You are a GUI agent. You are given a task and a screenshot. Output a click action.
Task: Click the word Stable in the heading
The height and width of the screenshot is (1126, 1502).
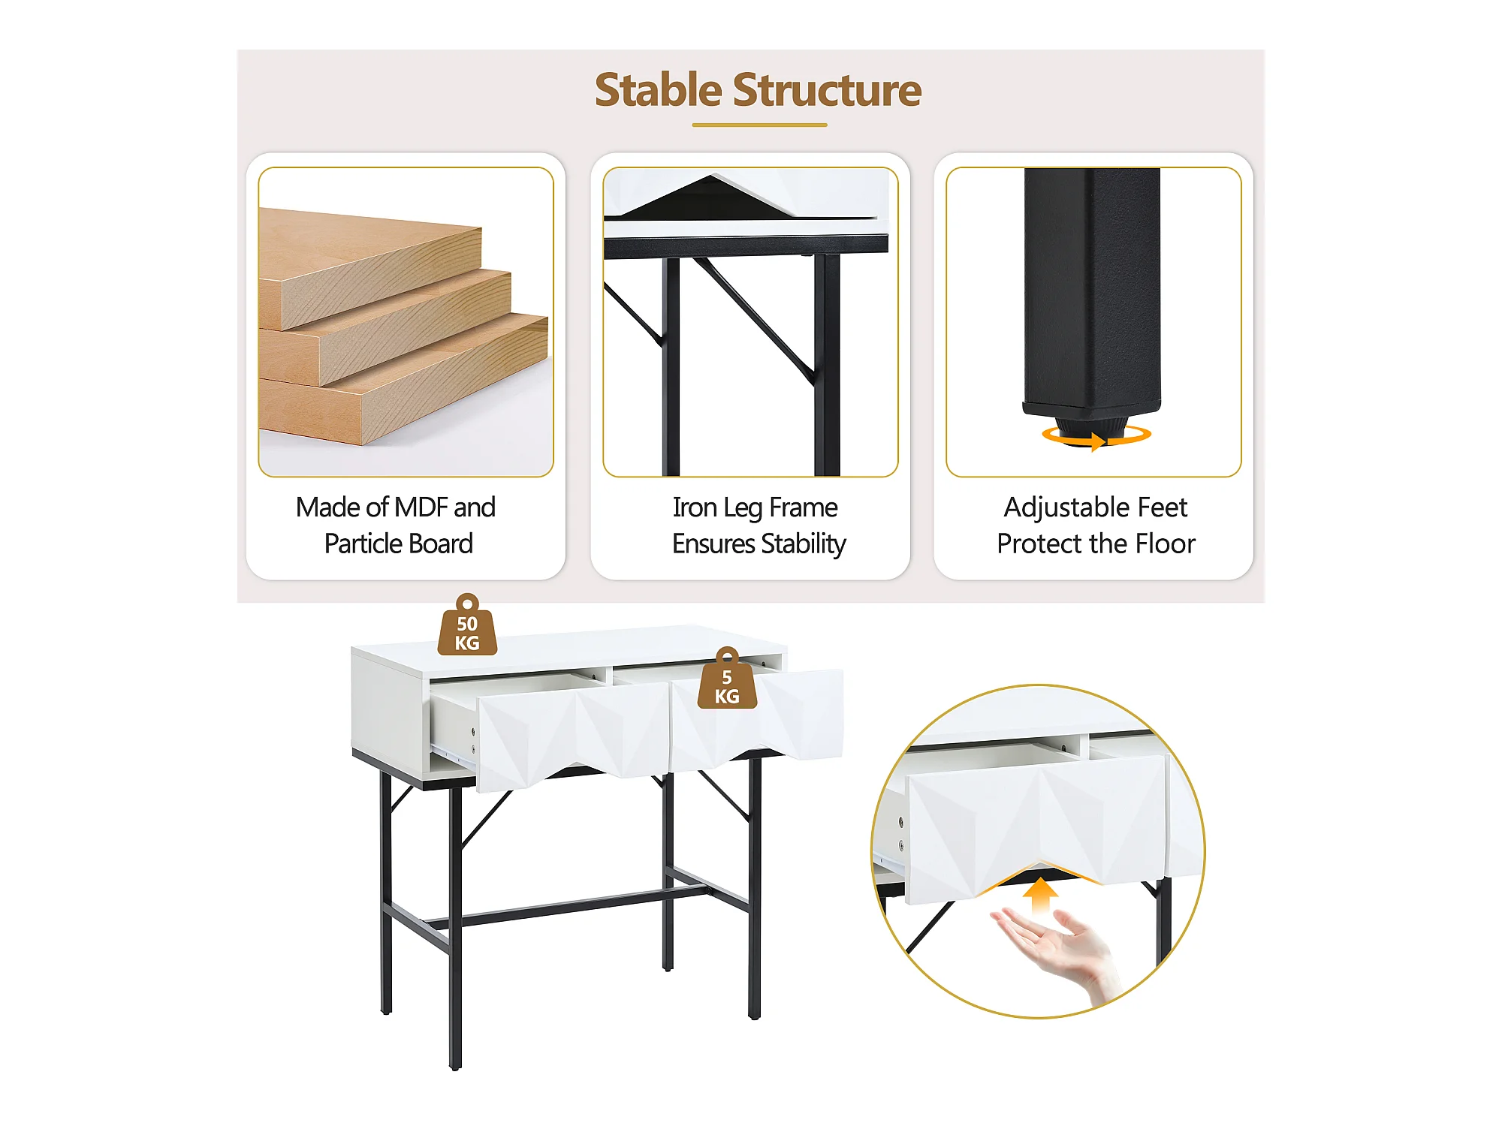(659, 90)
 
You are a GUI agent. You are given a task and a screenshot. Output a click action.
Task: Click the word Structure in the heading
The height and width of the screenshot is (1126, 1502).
(827, 90)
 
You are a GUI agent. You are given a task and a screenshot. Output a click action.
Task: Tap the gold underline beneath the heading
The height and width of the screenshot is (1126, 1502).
(759, 125)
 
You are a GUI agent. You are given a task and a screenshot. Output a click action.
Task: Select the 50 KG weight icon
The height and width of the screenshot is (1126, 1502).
(467, 625)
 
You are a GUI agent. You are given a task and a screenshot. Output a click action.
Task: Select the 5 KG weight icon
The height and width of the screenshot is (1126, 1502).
(727, 678)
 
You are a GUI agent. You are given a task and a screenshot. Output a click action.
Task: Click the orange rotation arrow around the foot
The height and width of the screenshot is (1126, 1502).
(1096, 436)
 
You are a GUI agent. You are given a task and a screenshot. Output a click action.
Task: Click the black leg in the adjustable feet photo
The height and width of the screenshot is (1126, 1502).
(1092, 293)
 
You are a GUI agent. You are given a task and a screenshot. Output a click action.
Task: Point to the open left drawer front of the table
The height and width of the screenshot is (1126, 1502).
(572, 739)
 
